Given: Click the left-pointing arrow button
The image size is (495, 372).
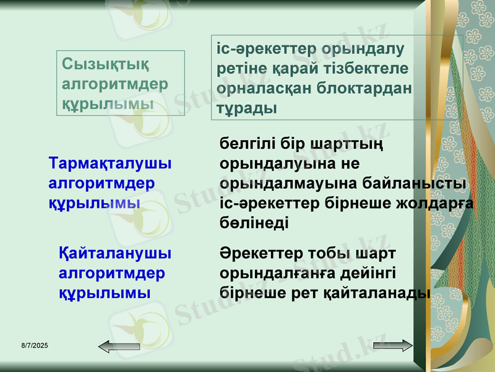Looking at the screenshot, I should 113,346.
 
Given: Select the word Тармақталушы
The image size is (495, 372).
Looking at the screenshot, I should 110,164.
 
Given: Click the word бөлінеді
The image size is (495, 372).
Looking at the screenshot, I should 254,223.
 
